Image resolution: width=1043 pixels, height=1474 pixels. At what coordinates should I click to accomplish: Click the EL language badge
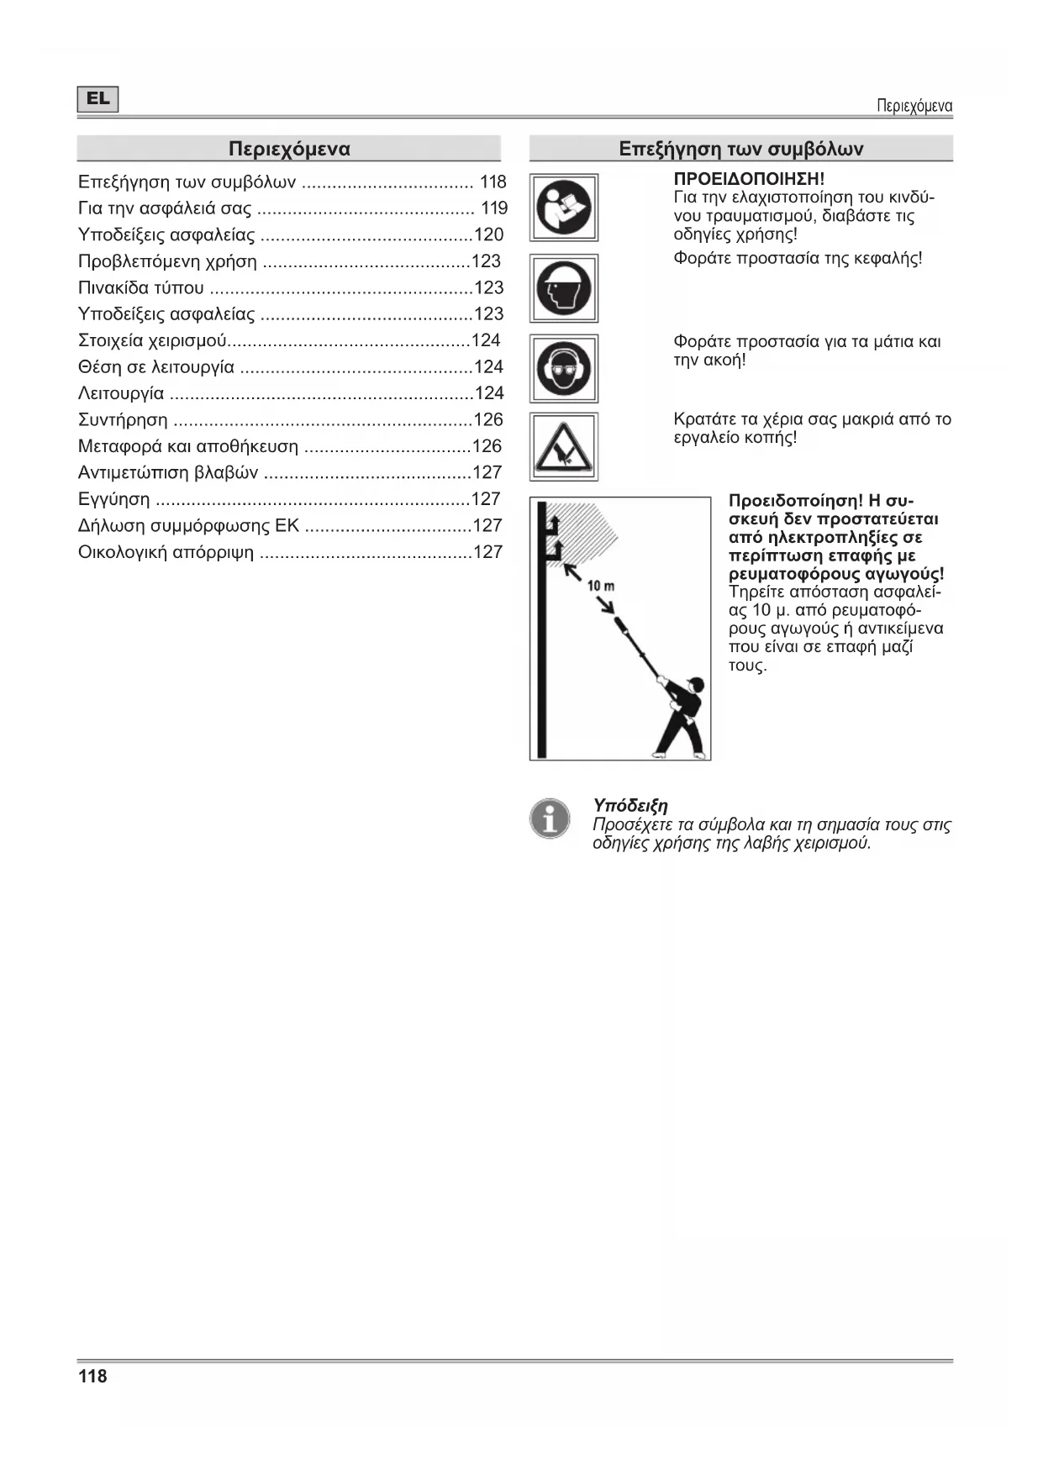(x=97, y=99)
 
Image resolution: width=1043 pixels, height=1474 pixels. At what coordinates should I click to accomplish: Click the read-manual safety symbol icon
(x=564, y=208)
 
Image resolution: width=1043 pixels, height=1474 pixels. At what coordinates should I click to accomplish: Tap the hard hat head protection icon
(x=564, y=288)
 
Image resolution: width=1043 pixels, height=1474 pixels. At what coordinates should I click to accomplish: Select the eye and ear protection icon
(x=564, y=368)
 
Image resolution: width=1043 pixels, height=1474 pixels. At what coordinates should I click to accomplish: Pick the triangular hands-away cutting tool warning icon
(x=564, y=446)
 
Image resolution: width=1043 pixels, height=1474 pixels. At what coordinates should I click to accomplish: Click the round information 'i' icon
(x=550, y=818)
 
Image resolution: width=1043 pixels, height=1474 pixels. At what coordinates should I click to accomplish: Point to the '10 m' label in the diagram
(x=600, y=585)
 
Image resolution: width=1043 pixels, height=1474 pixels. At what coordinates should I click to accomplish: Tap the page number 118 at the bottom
(x=92, y=1377)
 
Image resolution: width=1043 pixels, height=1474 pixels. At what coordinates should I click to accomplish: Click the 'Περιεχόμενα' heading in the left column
(x=289, y=150)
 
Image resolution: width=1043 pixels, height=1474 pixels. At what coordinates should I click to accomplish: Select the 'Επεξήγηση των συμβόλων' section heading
(x=740, y=150)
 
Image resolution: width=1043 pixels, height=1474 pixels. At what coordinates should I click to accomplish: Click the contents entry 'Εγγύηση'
(x=114, y=499)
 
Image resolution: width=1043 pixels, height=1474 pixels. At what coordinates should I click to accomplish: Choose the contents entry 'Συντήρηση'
(x=123, y=420)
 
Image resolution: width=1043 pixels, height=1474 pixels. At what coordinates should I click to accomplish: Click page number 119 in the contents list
(x=494, y=208)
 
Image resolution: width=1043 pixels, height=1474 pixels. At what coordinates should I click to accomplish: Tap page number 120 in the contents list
(x=489, y=235)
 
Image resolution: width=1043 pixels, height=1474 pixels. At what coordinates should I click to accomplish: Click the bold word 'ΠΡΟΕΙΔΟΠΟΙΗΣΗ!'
(x=749, y=179)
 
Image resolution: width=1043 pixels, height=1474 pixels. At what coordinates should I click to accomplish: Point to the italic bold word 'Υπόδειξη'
(x=630, y=806)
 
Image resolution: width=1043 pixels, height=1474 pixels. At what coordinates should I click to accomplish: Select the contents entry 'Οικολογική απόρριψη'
(x=166, y=552)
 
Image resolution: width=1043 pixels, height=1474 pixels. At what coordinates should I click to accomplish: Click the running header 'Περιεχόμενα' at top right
(x=914, y=106)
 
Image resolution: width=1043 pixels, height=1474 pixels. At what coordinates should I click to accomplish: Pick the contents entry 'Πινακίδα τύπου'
(x=140, y=288)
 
